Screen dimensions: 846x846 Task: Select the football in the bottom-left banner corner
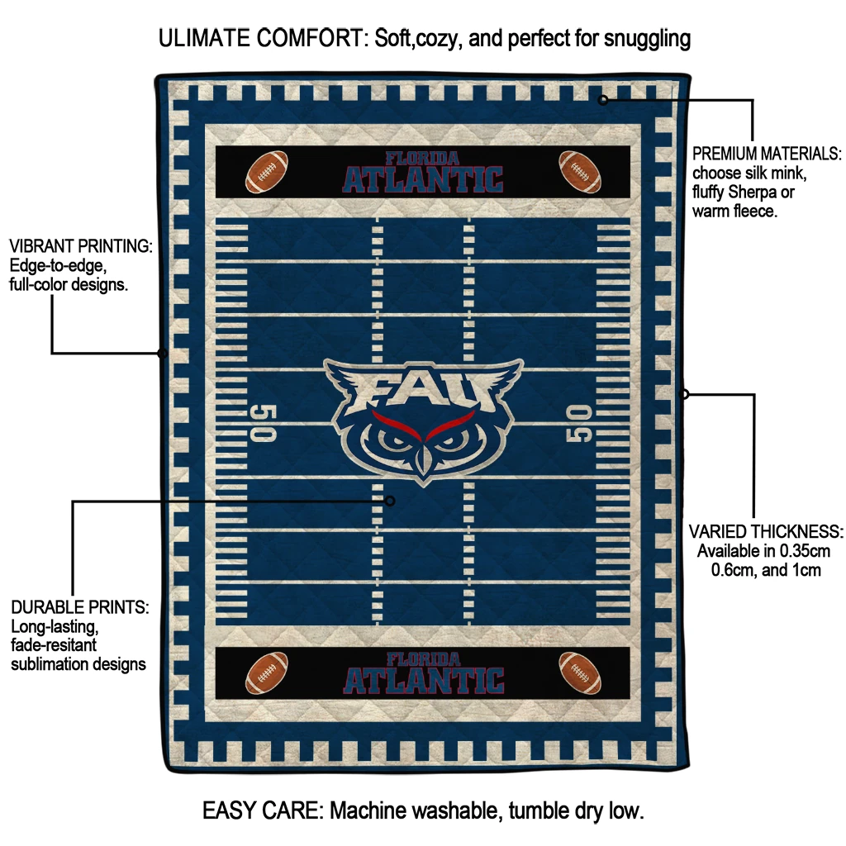pos(267,673)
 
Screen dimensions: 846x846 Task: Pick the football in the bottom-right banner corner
pos(579,673)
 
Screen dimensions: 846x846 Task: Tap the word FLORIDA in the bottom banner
pos(423,659)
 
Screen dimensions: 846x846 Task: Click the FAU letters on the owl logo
pos(423,388)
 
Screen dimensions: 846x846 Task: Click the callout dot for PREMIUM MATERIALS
pos(603,100)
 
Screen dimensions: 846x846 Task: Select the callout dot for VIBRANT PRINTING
pos(163,354)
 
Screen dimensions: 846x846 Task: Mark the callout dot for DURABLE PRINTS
pos(390,501)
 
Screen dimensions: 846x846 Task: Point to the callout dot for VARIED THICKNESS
pos(684,394)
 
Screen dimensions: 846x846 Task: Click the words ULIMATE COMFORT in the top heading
pos(262,38)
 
